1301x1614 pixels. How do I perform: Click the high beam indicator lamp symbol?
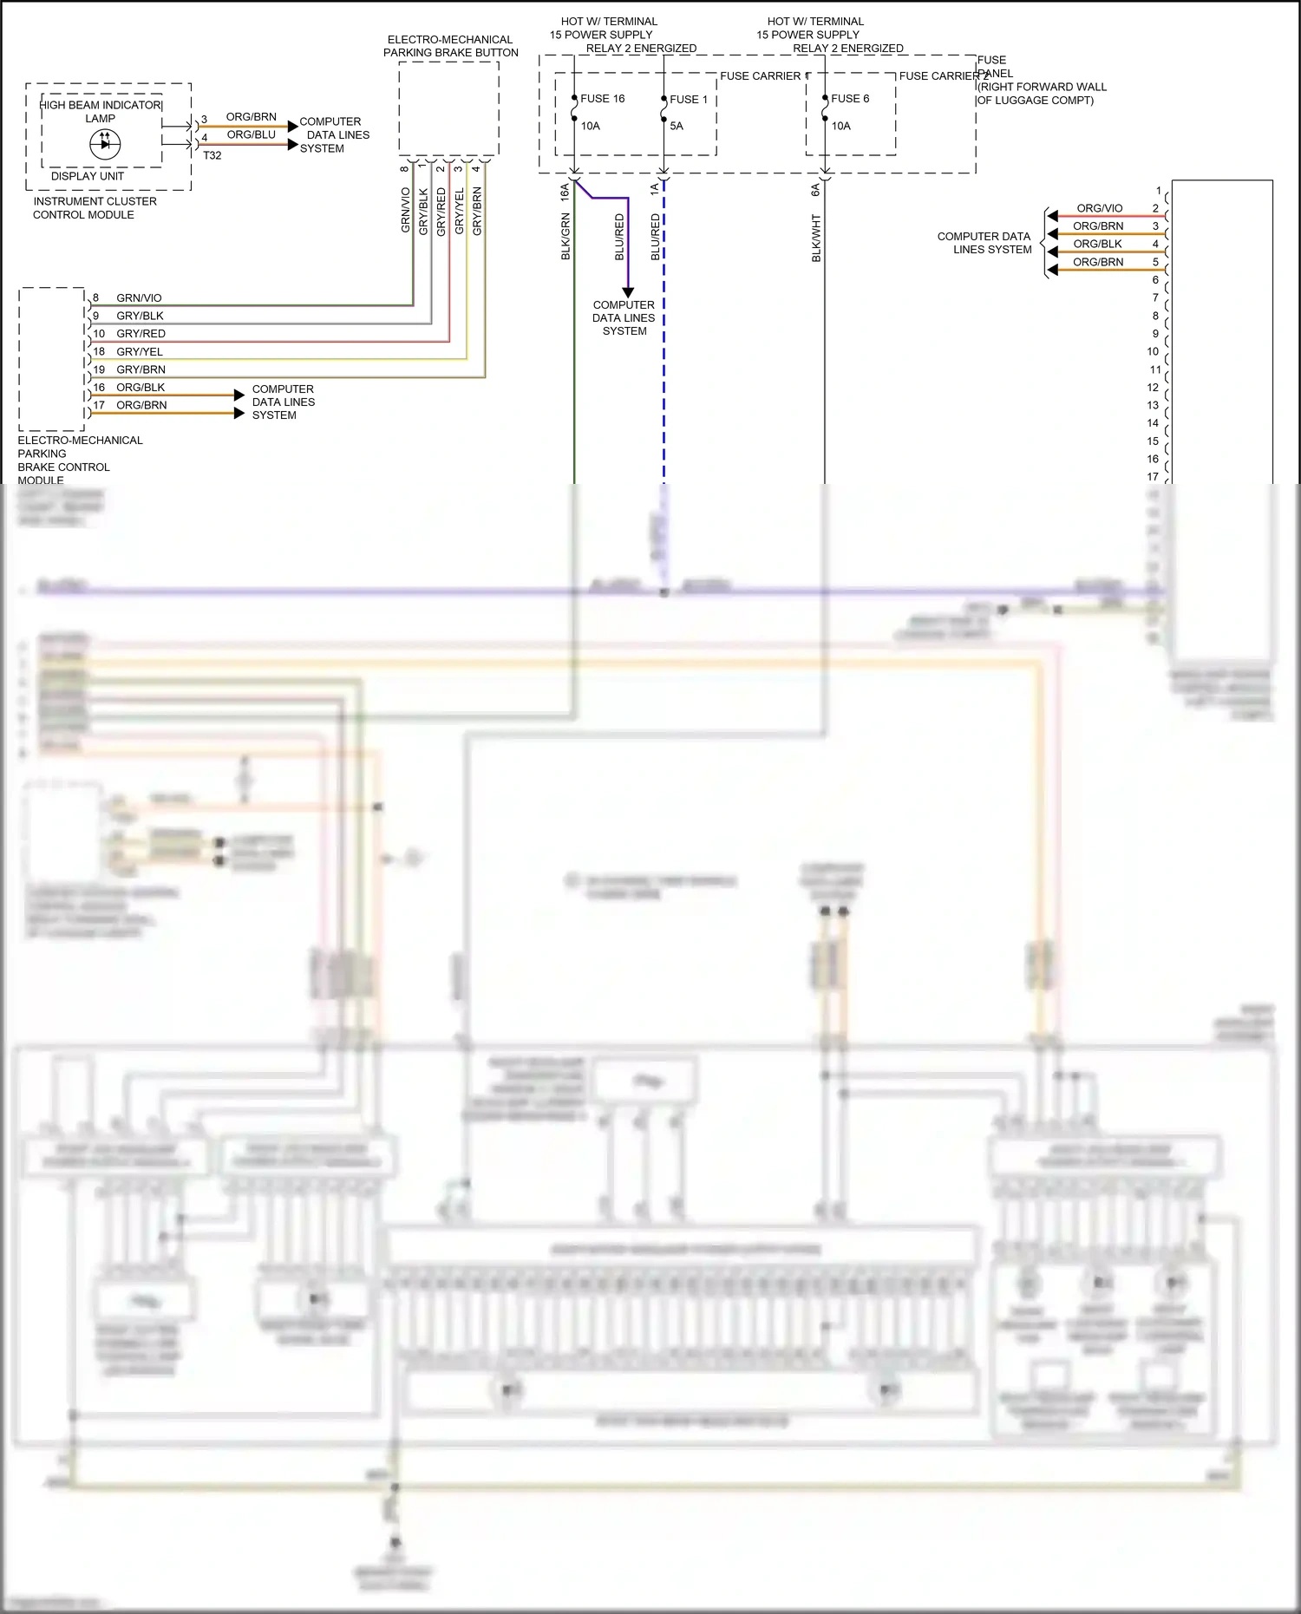(105, 144)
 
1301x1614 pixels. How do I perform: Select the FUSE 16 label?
(602, 99)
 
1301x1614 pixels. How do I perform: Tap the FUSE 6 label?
(849, 99)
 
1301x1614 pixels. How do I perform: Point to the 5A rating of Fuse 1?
(677, 127)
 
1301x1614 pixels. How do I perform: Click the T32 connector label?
(212, 156)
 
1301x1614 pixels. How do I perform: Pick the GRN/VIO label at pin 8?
(139, 298)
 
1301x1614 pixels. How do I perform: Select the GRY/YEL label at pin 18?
(140, 352)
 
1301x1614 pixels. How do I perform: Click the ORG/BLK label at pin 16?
(141, 388)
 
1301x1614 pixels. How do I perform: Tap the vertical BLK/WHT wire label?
(816, 239)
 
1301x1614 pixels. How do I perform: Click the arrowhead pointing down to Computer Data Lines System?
(628, 292)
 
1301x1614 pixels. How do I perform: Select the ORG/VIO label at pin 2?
(1099, 209)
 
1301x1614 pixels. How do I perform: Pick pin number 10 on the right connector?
(1152, 352)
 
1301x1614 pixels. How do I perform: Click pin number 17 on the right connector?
(1152, 477)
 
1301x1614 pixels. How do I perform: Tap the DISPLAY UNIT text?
(87, 176)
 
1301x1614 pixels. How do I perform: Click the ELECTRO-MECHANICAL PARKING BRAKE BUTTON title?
(450, 46)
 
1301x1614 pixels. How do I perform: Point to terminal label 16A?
(565, 192)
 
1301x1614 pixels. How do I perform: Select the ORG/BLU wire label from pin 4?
(251, 135)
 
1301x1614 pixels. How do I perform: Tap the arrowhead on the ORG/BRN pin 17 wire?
(239, 413)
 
